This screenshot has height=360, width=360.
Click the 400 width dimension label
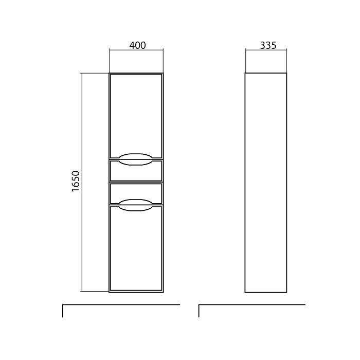tap(137, 45)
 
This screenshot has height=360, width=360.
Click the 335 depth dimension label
tap(268, 45)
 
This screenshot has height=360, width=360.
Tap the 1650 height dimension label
tap(76, 181)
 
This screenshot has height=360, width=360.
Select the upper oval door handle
tap(136, 159)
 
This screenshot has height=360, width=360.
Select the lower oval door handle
tap(136, 205)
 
